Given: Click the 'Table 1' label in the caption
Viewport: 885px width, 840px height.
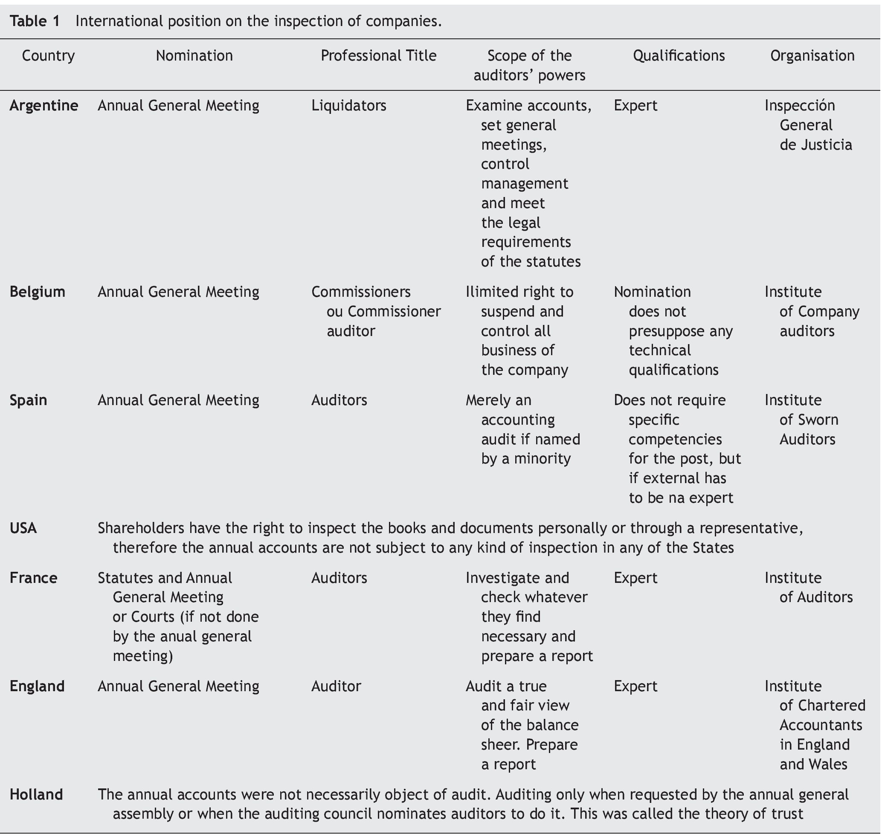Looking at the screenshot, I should [35, 21].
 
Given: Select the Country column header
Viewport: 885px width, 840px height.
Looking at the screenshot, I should [48, 55].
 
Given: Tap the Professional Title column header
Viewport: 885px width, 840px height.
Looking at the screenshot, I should [378, 55].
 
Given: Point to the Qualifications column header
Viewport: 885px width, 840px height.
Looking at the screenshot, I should [679, 55].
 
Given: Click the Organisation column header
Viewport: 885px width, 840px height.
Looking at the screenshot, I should [812, 55].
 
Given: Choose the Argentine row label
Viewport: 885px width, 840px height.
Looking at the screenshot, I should [44, 106].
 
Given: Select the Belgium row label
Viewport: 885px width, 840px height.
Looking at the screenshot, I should [38, 292].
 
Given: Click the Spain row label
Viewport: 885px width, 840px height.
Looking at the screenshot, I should [28, 400].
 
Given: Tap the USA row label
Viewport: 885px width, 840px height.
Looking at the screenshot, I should [23, 528].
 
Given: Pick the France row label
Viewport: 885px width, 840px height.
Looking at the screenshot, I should [34, 578].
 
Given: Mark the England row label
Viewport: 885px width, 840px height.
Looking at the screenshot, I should [37, 686].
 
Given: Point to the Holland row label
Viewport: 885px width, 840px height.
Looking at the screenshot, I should [36, 794].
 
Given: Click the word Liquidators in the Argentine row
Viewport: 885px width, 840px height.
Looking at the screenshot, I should [348, 106].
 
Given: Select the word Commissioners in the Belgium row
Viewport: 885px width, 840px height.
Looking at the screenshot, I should [360, 292].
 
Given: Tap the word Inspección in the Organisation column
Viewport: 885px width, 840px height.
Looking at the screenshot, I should [799, 106].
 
